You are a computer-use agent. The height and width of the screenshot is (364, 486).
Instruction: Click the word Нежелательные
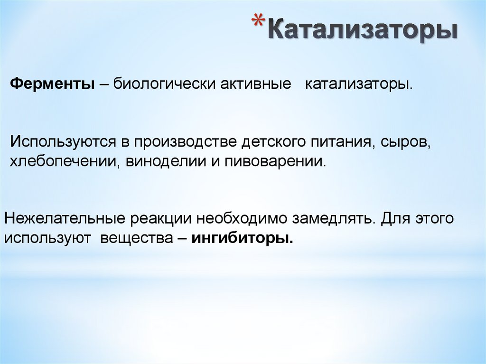coord(65,219)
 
